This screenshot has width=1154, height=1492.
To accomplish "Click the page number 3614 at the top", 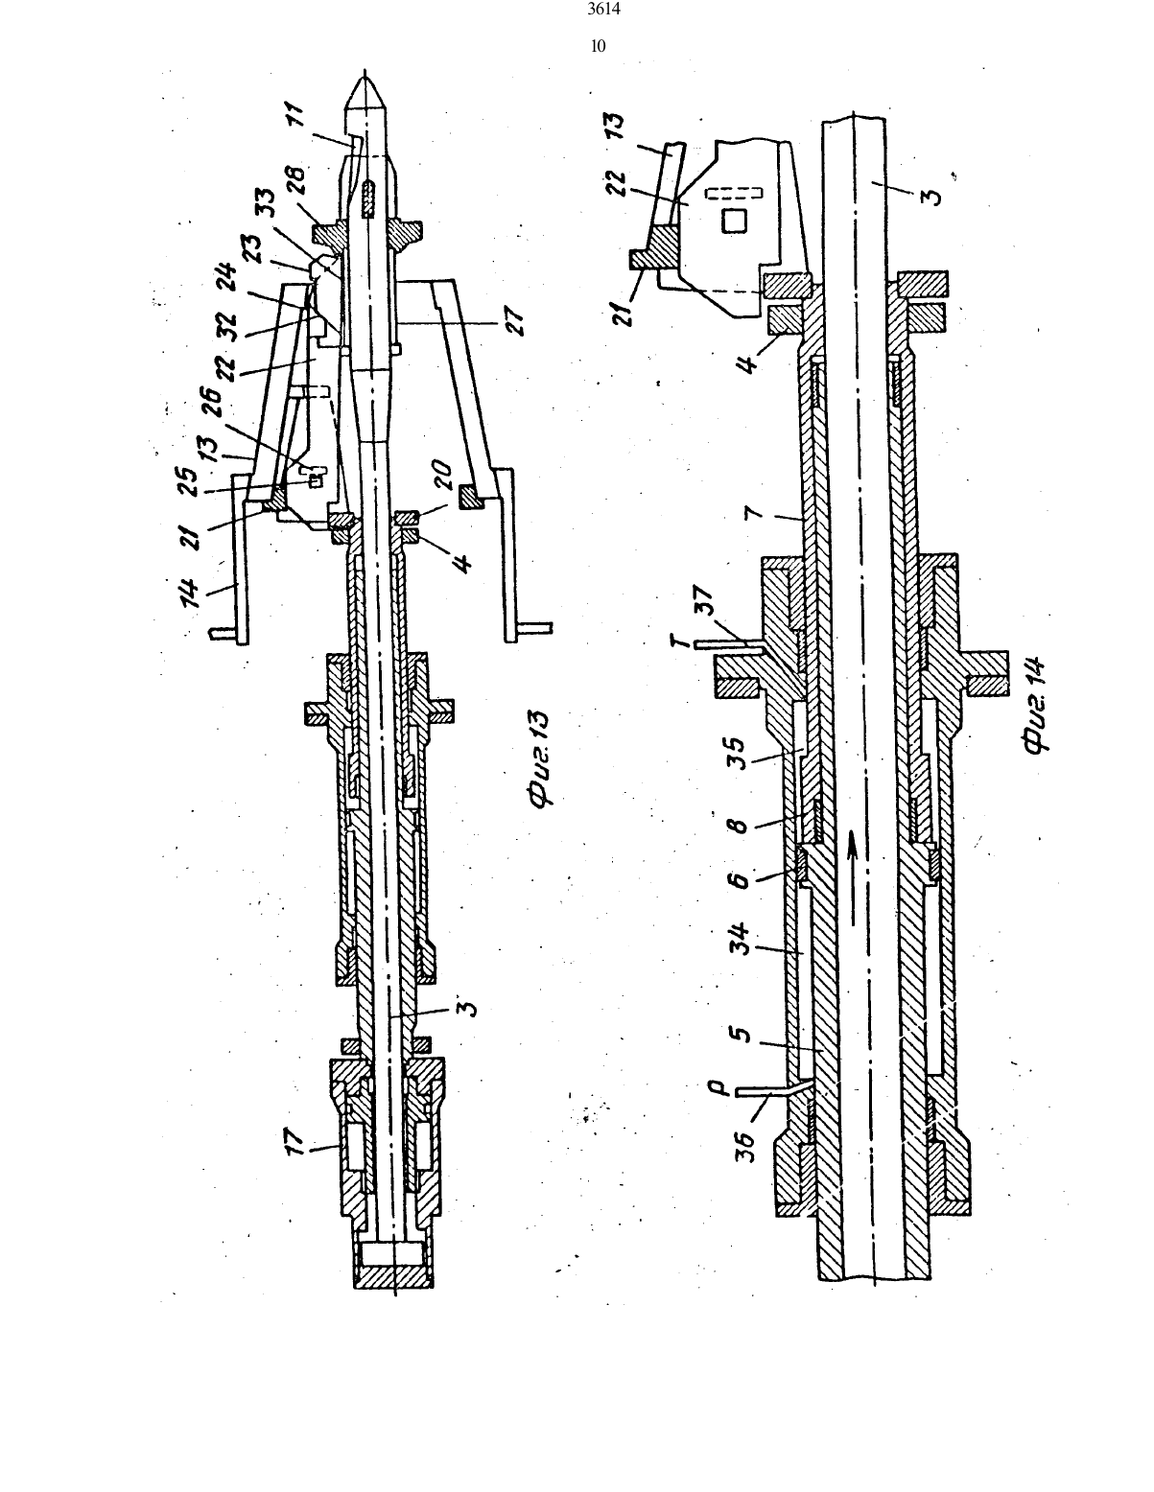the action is point(603,10).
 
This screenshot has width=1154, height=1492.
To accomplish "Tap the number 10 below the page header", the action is point(599,46).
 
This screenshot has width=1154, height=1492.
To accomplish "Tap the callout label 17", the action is point(295,1143).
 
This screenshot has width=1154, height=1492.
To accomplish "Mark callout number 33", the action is point(271,204).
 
